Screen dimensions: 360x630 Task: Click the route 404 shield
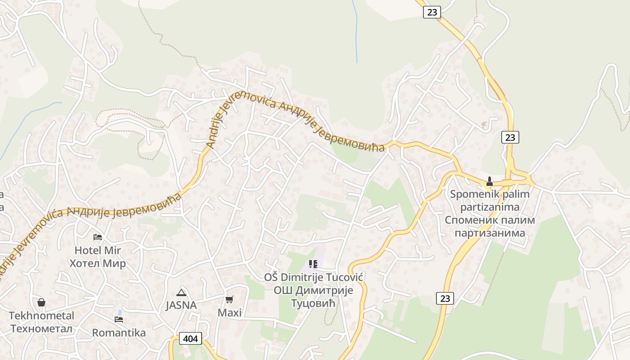190,338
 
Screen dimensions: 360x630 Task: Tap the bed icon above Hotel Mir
98,237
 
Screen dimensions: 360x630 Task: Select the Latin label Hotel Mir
98,250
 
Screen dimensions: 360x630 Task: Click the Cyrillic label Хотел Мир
98,263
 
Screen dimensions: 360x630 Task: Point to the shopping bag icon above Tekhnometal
41,302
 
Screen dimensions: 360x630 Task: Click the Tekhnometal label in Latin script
41,315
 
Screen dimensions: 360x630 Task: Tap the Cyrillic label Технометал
41,328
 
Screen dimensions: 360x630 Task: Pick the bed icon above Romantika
119,319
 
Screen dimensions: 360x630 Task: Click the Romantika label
119,333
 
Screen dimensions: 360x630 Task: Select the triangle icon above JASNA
181,292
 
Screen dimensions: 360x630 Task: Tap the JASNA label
181,305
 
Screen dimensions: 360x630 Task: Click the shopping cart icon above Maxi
229,299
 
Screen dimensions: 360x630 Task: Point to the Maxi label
229,312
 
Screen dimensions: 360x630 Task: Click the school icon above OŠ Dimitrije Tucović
313,264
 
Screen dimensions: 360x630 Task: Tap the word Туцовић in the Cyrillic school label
313,303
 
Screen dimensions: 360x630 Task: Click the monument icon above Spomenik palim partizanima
490,181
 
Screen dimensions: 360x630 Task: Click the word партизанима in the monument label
490,233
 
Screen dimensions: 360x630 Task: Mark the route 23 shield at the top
432,12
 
